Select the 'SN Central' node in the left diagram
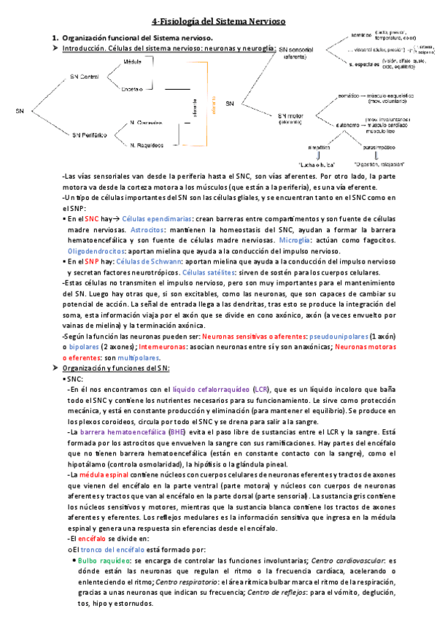point(85,75)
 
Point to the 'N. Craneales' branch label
point(147,123)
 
